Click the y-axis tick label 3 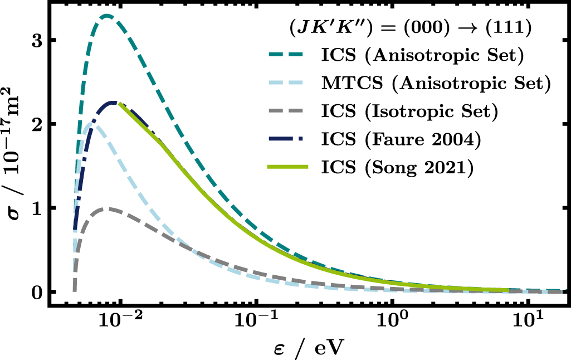(x=37, y=41)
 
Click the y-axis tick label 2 (x=37, y=124)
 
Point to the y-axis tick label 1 (x=37, y=208)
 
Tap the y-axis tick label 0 (x=37, y=292)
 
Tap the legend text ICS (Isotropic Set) (x=408, y=112)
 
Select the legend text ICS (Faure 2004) (x=401, y=140)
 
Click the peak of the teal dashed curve (x=106, y=16)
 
